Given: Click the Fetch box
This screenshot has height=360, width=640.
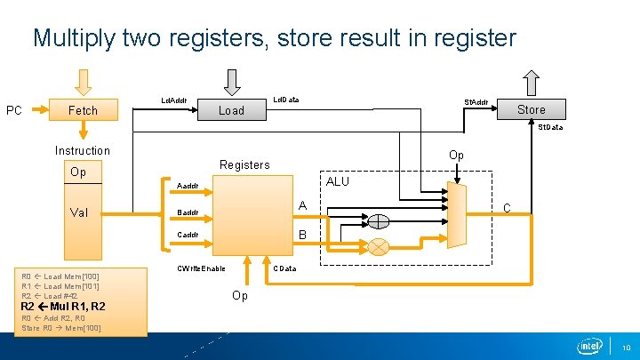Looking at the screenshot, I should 83,110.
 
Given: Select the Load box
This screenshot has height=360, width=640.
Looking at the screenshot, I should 231,110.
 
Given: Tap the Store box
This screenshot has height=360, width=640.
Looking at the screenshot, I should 531,109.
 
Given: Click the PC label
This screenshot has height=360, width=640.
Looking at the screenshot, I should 14,110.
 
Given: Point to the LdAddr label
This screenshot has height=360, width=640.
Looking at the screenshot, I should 173,100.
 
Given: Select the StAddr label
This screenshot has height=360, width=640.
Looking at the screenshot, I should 476,102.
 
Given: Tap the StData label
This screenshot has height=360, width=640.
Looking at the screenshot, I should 549,127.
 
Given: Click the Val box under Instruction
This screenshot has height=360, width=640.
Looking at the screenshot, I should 78,212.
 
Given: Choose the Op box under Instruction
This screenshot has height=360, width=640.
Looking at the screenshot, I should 78,172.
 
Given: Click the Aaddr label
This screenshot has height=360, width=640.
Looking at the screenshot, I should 188,186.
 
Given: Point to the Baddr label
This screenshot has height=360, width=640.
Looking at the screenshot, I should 188,212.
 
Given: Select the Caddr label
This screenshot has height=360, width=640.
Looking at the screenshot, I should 188,235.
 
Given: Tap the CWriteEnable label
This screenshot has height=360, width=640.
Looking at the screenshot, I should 201,268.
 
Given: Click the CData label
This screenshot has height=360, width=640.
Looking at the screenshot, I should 284,268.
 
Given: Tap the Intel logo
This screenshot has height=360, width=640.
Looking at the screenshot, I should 589,346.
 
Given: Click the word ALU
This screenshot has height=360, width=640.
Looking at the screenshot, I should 338,181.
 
